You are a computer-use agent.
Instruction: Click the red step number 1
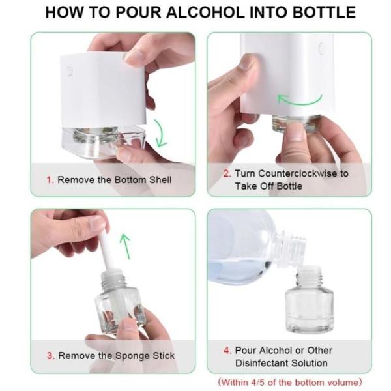pos(48,179)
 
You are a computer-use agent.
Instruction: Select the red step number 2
pos(227,173)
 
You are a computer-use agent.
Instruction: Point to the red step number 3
pos(50,356)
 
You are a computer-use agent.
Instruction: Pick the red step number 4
pos(227,350)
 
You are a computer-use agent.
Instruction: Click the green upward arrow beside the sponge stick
pos(125,246)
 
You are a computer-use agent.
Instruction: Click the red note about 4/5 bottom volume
pos(289,382)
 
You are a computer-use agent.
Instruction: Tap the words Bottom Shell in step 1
pos(141,179)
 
